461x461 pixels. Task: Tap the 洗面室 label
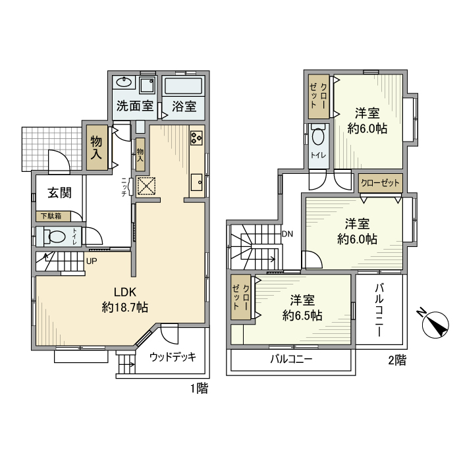coord(134,105)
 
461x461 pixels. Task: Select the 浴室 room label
coord(184,105)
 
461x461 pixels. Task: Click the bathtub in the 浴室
coord(184,86)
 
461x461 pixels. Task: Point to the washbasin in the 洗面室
coord(124,83)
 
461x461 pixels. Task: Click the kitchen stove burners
coord(197,138)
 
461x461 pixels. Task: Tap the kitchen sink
coord(196,181)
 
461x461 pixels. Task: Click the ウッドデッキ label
coord(173,357)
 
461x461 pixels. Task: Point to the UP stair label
coord(92,260)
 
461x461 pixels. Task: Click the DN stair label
coord(287,234)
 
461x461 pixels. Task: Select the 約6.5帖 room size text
coord(302,315)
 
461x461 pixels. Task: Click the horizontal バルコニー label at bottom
coord(291,360)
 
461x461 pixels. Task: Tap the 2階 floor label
coord(396,360)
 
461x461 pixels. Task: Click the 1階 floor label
coord(199,389)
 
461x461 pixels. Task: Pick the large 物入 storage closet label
coord(97,149)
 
